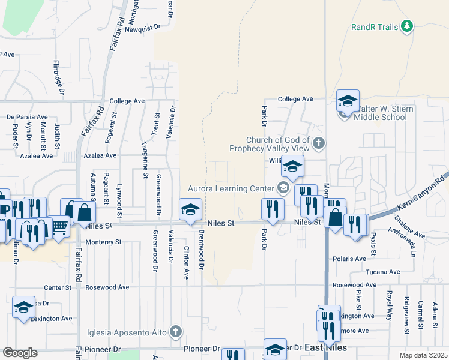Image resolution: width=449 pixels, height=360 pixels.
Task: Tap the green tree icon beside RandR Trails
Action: [x=407, y=26]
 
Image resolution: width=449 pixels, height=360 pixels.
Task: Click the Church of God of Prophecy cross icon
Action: [x=319, y=143]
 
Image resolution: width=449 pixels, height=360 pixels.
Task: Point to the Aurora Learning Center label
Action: [x=231, y=188]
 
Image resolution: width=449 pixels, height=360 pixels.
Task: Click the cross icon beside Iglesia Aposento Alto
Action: [x=175, y=331]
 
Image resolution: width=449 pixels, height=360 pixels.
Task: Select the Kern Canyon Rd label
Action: [x=421, y=193]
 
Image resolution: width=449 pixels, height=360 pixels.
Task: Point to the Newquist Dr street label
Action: [x=143, y=26]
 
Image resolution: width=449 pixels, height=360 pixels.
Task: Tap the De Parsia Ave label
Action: [x=27, y=117]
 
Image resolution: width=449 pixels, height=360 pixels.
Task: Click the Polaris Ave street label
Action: [x=349, y=259]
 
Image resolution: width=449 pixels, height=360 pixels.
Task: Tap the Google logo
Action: [x=20, y=353]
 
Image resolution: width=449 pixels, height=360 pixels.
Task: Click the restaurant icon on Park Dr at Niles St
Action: [x=273, y=209]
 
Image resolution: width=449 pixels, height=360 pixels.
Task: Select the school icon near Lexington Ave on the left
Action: [x=23, y=307]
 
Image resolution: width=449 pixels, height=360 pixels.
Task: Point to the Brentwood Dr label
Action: [x=202, y=248]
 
